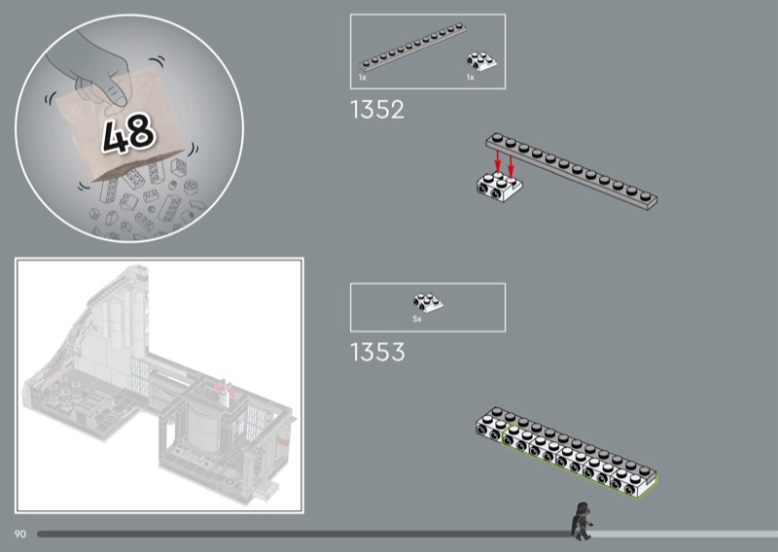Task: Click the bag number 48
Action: pyautogui.click(x=129, y=133)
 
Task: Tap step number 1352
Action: pyautogui.click(x=377, y=110)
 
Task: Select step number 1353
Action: pyautogui.click(x=377, y=352)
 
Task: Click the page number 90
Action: pyautogui.click(x=19, y=535)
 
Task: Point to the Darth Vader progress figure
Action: pyautogui.click(x=581, y=521)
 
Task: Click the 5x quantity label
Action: pyautogui.click(x=417, y=320)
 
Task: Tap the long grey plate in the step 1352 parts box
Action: pyautogui.click(x=412, y=47)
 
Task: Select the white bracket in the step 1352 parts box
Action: pyautogui.click(x=481, y=61)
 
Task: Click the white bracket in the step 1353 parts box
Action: pyautogui.click(x=428, y=302)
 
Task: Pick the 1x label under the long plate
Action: pyautogui.click(x=362, y=78)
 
